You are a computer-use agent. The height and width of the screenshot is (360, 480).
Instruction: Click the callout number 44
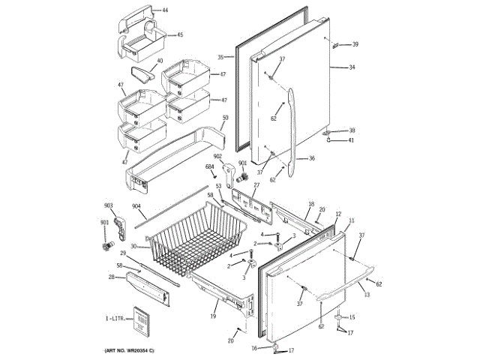pyautogui.click(x=165, y=10)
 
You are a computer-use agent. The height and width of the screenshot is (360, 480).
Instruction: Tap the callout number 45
pyautogui.click(x=179, y=34)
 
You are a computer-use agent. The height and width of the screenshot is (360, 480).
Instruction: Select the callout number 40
pyautogui.click(x=159, y=62)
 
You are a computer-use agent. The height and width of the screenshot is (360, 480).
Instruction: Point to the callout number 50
pyautogui.click(x=225, y=118)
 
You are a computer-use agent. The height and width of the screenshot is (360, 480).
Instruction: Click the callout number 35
pyautogui.click(x=220, y=58)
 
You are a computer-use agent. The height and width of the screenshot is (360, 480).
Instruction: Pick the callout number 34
pyautogui.click(x=351, y=67)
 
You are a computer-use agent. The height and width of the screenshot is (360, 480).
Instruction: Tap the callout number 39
pyautogui.click(x=355, y=44)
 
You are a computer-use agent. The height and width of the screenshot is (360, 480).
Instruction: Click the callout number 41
pyautogui.click(x=351, y=140)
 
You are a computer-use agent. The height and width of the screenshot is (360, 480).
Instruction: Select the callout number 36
pyautogui.click(x=312, y=158)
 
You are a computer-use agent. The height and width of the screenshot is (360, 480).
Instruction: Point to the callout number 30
pyautogui.click(x=133, y=247)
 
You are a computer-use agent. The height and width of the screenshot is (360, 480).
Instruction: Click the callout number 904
pyautogui.click(x=136, y=206)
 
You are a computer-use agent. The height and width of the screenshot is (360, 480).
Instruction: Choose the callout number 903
pyautogui.click(x=108, y=205)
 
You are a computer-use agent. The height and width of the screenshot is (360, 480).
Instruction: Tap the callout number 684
pyautogui.click(x=210, y=166)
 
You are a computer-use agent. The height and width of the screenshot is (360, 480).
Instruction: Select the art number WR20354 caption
pyautogui.click(x=129, y=350)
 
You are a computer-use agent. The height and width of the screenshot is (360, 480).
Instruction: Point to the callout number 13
pyautogui.click(x=367, y=295)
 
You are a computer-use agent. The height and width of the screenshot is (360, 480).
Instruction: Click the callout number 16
pyautogui.click(x=254, y=348)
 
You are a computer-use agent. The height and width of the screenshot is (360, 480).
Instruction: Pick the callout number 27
pyautogui.click(x=256, y=184)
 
